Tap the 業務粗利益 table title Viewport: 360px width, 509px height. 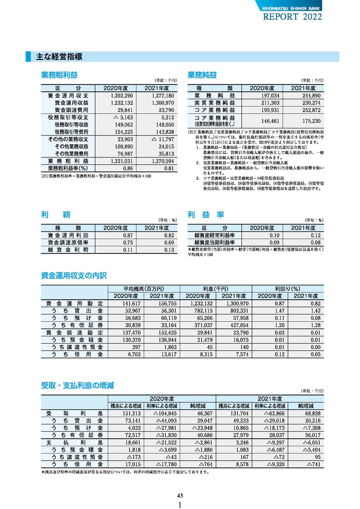(59, 75)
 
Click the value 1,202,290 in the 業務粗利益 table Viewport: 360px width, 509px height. (121, 96)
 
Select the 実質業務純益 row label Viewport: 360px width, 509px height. (214, 103)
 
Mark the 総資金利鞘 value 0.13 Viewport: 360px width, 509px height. (169, 250)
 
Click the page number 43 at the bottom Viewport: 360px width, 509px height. (180, 495)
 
